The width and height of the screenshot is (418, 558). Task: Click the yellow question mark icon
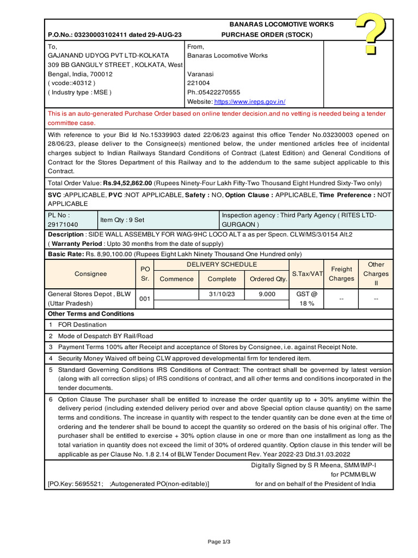tap(372, 34)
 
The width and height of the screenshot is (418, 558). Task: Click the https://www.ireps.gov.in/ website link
tap(249, 102)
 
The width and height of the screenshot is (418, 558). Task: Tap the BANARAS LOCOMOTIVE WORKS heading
tap(281, 25)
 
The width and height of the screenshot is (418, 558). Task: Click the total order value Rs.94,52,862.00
tap(128, 183)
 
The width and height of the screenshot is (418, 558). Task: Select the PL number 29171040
tap(63, 225)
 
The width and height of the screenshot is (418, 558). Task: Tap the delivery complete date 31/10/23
tap(222, 294)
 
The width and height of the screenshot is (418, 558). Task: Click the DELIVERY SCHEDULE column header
tap(222, 265)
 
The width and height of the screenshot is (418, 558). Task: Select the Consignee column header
tap(90, 274)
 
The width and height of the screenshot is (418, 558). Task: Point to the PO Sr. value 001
tap(145, 299)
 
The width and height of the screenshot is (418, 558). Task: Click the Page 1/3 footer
tap(219, 542)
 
